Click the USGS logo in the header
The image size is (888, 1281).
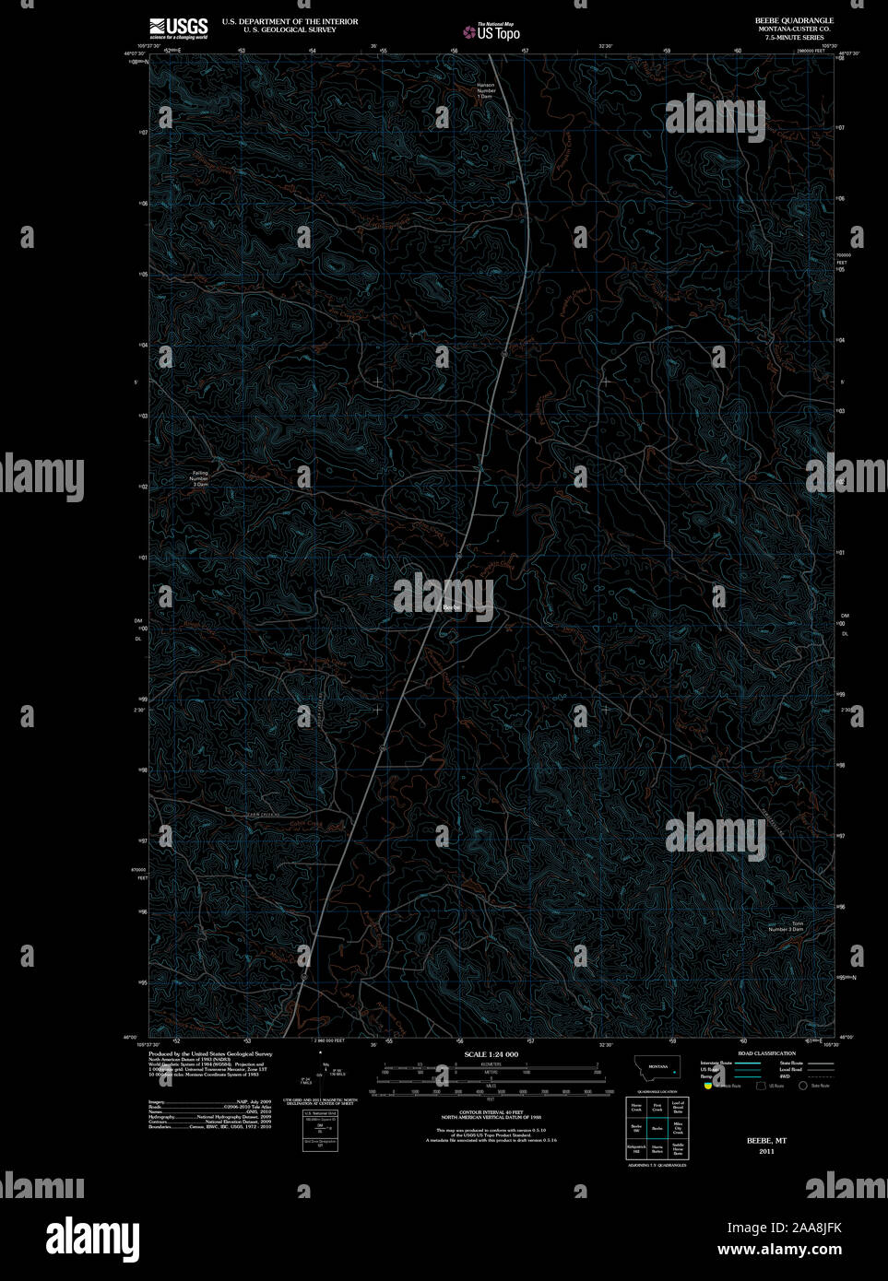point(178,28)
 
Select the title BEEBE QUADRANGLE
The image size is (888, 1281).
point(793,20)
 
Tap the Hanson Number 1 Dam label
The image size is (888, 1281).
point(486,90)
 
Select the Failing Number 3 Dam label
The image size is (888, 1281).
point(199,478)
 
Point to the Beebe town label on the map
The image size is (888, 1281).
point(451,606)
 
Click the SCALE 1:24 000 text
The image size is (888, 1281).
point(491,1054)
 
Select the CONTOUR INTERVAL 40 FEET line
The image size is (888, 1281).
point(490,1112)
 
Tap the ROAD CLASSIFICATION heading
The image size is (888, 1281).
point(766,1053)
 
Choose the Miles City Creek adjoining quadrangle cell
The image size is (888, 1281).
point(678,1128)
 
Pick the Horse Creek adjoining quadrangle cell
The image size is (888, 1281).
point(636,1108)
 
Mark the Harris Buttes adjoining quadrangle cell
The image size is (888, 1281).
point(657,1149)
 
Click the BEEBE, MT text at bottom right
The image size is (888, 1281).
point(766,1140)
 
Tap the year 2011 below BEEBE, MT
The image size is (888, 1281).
point(766,1151)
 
